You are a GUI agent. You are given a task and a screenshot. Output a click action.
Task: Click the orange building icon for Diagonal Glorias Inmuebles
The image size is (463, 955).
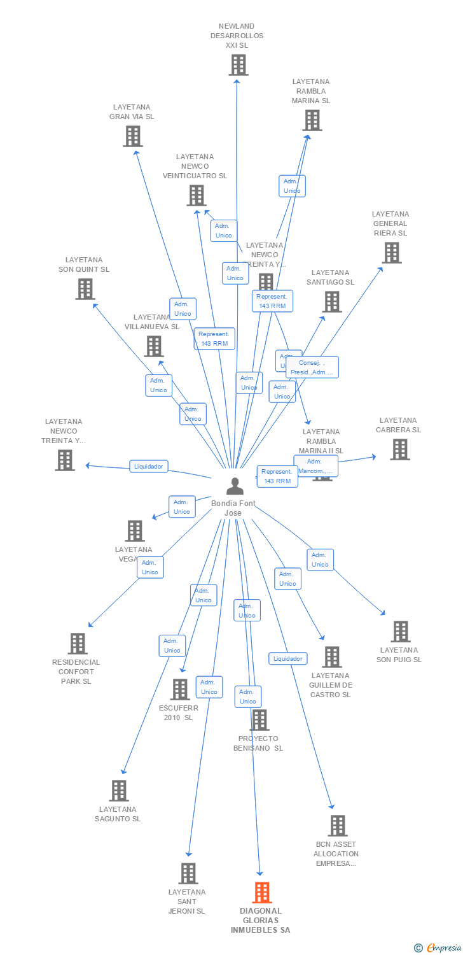click(x=262, y=893)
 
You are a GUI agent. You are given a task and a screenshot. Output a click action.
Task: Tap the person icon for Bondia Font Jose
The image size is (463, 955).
click(x=235, y=486)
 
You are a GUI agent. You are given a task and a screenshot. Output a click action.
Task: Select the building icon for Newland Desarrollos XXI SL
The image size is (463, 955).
click(x=238, y=65)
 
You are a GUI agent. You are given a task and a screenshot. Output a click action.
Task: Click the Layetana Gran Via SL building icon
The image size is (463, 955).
click(x=132, y=136)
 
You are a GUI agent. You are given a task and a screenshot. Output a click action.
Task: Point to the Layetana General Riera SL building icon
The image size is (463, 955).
click(x=391, y=253)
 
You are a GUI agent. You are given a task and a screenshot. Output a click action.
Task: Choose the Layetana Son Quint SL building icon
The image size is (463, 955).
click(x=85, y=289)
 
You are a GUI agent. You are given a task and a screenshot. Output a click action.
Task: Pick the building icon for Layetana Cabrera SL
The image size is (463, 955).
click(x=399, y=449)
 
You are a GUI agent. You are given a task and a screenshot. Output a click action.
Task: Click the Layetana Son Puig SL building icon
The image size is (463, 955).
click(x=400, y=632)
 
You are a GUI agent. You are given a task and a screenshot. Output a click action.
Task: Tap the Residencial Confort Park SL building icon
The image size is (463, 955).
click(x=77, y=644)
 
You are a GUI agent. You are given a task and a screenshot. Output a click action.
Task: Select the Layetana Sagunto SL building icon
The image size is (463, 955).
click(x=119, y=791)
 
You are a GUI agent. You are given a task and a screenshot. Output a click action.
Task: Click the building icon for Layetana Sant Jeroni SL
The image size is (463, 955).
click(x=188, y=874)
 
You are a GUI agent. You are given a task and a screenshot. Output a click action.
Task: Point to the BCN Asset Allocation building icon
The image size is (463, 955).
click(x=337, y=826)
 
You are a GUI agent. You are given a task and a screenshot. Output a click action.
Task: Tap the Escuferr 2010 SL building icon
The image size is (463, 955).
click(x=180, y=689)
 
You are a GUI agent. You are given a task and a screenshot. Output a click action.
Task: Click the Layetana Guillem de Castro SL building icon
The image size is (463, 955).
click(x=331, y=657)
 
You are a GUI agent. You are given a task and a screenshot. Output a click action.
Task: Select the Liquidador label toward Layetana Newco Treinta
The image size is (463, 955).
click(x=149, y=466)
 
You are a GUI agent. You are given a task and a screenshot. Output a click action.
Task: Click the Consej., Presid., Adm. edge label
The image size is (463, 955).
click(x=312, y=367)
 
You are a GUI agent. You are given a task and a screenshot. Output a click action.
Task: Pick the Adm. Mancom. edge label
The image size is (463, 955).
click(x=315, y=466)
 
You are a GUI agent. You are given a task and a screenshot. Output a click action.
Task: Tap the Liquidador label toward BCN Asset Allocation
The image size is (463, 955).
click(x=287, y=659)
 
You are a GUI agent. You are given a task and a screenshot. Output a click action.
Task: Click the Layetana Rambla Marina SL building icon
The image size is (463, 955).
click(x=312, y=120)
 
